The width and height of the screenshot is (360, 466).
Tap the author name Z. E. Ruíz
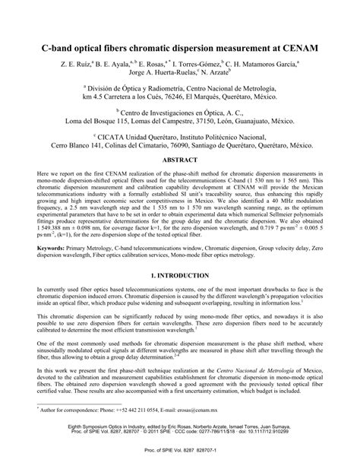pos(76,65)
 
